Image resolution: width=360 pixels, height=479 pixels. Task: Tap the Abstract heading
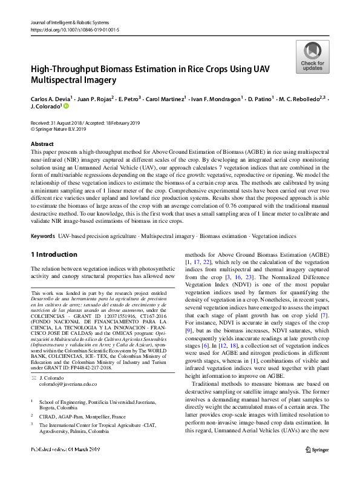pos(42,144)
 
